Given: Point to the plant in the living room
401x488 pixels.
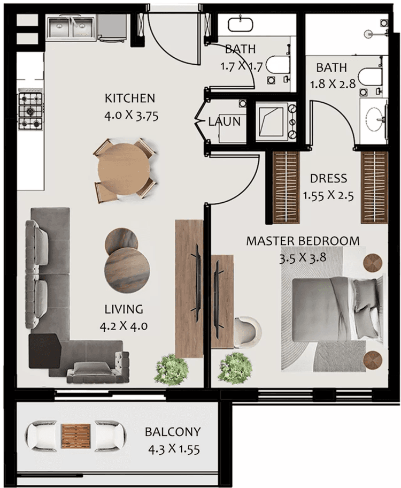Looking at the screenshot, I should point(172,368).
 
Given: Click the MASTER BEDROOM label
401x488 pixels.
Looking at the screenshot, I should point(303,241).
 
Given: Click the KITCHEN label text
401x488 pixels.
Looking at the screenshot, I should point(130,98).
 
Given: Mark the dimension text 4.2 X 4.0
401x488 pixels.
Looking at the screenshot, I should point(124,325).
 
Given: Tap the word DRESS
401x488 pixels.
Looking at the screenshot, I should point(328,178).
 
